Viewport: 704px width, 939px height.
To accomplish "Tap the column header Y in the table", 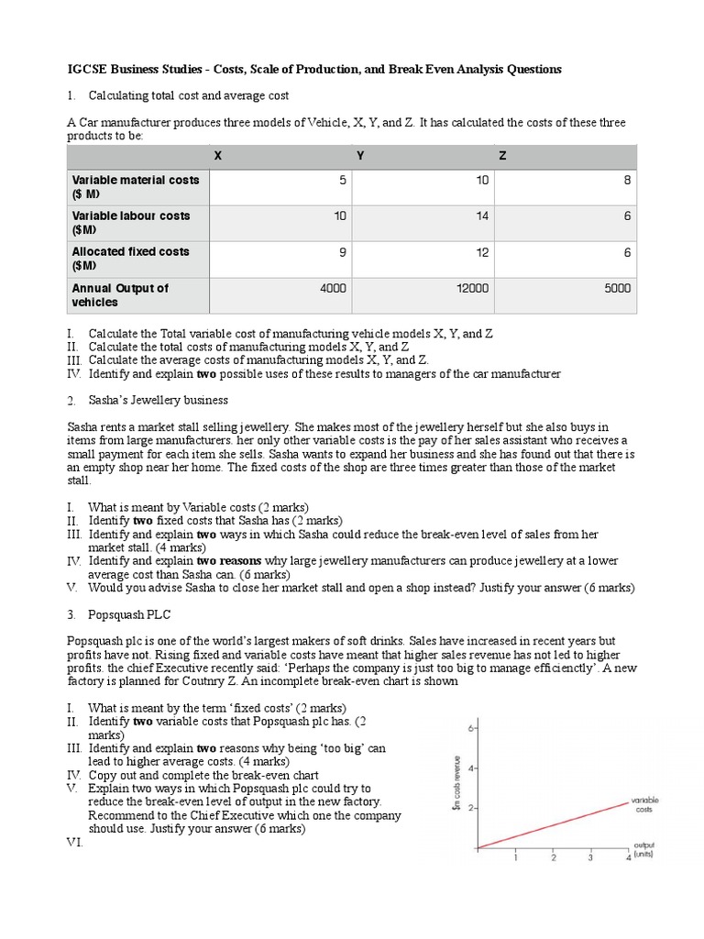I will point(360,156).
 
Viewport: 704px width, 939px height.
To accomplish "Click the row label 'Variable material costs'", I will point(136,187).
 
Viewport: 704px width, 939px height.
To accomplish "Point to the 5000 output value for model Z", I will point(617,288).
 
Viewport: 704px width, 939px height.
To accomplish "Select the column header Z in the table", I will point(501,156).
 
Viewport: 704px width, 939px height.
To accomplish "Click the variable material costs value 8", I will point(627,181).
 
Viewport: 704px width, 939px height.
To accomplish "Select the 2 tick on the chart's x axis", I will point(553,859).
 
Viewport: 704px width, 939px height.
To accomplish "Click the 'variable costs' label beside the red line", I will point(644,804).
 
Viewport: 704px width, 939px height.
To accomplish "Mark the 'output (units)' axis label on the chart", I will point(646,850).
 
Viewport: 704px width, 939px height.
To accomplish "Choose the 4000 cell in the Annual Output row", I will point(333,288).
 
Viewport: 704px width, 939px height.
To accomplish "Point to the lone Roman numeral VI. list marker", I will point(75,842).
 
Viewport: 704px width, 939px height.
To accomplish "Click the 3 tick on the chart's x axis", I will point(591,859).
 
